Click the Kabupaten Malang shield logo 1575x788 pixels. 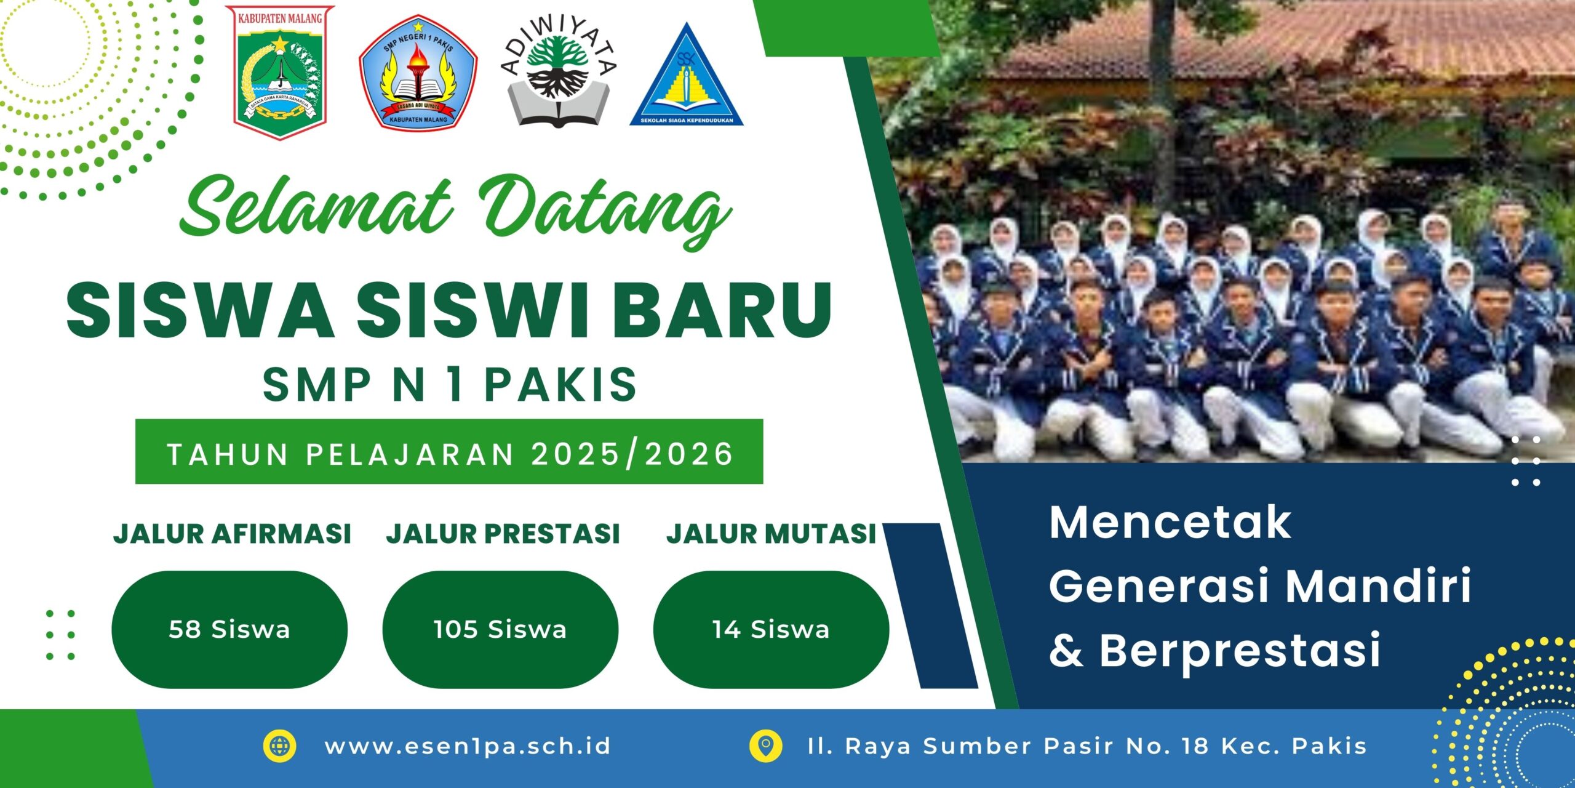click(280, 73)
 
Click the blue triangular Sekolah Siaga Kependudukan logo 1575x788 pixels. click(687, 74)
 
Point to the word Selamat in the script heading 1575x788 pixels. click(316, 206)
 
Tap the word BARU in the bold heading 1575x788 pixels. click(722, 310)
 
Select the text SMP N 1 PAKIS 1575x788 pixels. click(450, 384)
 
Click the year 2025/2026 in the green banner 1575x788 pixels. click(632, 454)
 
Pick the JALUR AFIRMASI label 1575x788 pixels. click(232, 534)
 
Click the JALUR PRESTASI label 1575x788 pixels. click(503, 534)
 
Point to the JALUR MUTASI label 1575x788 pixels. click(772, 534)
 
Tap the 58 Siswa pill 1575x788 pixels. click(229, 629)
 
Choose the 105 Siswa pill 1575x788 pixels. click(500, 629)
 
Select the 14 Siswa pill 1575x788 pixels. click(771, 629)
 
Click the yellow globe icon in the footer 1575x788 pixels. click(279, 746)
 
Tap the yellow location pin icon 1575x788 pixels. click(766, 746)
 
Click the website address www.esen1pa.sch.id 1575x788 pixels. click(468, 746)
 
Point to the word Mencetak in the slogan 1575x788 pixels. click(1170, 523)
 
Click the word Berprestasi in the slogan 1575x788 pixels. click(1240, 651)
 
